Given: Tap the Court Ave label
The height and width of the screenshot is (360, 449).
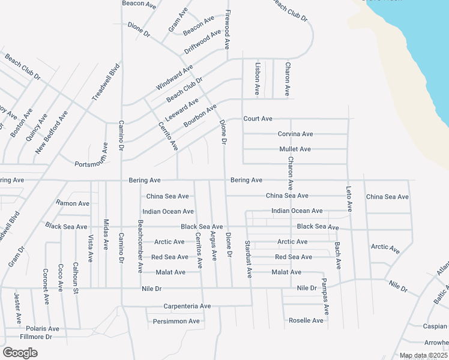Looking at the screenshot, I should click(258, 119).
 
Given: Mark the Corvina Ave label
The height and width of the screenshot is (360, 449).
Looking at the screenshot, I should click(295, 134).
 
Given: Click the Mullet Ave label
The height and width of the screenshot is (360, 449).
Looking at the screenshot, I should click(295, 149).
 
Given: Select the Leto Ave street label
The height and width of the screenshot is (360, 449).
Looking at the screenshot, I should click(349, 199).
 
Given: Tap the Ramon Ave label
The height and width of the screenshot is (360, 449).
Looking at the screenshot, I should click(73, 203).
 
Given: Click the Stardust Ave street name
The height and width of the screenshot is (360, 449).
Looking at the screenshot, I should click(249, 259).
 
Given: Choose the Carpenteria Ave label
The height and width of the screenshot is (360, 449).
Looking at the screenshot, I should click(187, 306).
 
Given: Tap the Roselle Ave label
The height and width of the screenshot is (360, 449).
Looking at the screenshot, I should click(306, 320).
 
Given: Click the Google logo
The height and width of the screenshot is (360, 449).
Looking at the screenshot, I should click(20, 353).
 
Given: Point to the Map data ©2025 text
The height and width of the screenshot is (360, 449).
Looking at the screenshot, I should click(423, 356).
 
